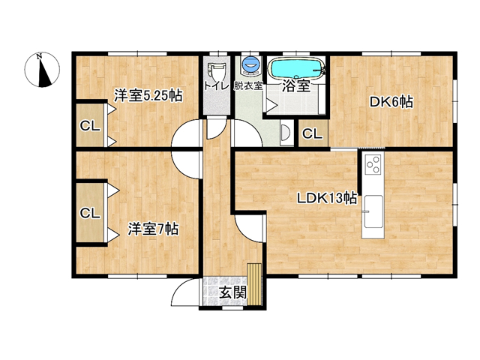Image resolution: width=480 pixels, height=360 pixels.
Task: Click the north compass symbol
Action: click(x=42, y=70)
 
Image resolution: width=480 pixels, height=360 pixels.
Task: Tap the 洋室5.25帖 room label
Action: click(x=148, y=95)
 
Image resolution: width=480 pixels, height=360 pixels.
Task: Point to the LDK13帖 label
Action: click(x=327, y=198)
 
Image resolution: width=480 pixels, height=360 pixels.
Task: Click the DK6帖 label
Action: click(x=391, y=102)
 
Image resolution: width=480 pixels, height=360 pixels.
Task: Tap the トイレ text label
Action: click(x=217, y=85)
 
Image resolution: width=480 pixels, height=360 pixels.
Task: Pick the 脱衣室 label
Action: click(x=248, y=85)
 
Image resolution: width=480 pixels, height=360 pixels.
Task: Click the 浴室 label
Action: click(x=296, y=85)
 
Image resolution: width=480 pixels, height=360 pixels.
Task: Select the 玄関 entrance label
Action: click(x=233, y=293)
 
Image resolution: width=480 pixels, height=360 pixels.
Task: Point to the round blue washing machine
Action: click(x=250, y=64)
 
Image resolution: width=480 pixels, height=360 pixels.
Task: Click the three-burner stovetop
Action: click(x=373, y=164)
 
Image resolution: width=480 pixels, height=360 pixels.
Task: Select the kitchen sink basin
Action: click(x=373, y=211)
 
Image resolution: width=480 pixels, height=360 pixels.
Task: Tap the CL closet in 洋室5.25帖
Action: click(x=90, y=125)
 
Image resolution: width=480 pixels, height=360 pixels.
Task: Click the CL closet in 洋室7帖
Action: click(x=90, y=213)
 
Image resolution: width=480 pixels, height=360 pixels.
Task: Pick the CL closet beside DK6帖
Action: click(x=313, y=133)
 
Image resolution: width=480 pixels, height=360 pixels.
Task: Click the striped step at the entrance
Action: click(x=254, y=284)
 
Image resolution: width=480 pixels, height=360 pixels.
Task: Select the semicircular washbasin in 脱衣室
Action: click(x=285, y=133)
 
